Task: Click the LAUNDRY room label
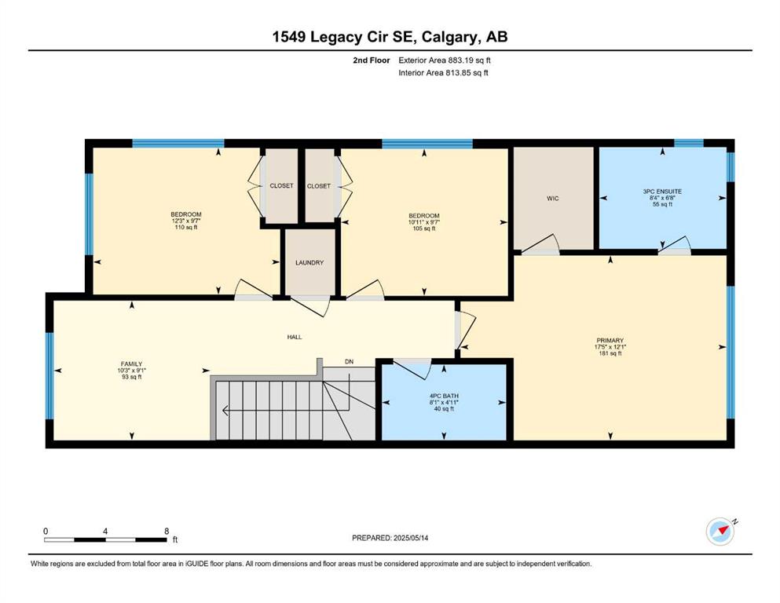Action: click(x=309, y=262)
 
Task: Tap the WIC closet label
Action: click(x=553, y=199)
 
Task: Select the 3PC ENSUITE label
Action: click(x=662, y=192)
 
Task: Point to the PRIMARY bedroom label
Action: click(x=610, y=341)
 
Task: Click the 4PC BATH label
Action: click(x=444, y=397)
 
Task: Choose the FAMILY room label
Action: click(x=131, y=364)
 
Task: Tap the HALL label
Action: click(x=295, y=337)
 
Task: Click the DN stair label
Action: click(x=350, y=362)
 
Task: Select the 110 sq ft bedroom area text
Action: click(x=186, y=227)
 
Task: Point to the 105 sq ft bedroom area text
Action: click(x=424, y=228)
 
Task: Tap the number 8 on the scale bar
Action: click(x=167, y=531)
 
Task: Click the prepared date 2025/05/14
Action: click(x=410, y=538)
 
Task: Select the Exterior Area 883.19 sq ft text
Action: click(x=445, y=60)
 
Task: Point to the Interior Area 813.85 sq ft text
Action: click(x=443, y=73)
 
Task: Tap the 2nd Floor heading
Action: click(x=372, y=60)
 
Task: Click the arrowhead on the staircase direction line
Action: click(x=225, y=411)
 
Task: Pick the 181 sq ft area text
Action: click(x=610, y=353)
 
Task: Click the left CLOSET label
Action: click(x=281, y=185)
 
